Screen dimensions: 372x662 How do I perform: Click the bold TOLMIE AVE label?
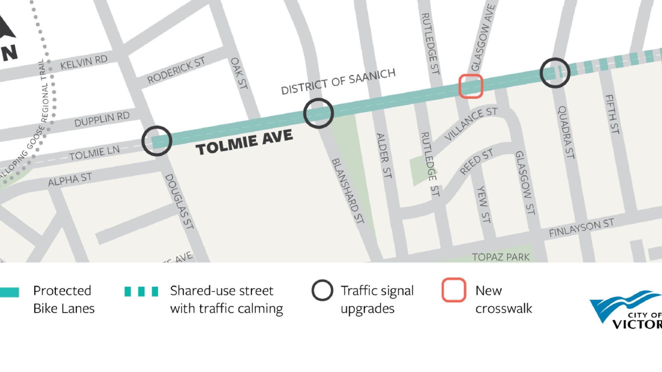244,142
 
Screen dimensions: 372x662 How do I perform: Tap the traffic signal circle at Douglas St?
157,141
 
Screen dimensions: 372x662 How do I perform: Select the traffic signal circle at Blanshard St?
318,113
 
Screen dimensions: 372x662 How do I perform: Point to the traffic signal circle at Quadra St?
555,73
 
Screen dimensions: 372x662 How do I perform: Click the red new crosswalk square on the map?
471,86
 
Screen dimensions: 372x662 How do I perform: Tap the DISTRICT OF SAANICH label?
338,81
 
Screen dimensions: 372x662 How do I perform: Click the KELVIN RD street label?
84,62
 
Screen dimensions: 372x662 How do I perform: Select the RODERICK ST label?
176,70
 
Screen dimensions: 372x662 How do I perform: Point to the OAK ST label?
239,73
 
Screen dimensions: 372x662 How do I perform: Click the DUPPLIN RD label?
102,119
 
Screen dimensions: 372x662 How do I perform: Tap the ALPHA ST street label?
70,179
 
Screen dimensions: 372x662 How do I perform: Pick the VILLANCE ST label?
471,123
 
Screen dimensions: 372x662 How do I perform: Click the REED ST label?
476,162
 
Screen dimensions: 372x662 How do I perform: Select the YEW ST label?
483,204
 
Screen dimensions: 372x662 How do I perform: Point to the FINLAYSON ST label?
581,228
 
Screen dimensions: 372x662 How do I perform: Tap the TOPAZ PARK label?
501,257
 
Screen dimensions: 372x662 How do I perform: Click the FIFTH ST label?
612,114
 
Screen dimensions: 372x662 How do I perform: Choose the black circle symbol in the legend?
322,290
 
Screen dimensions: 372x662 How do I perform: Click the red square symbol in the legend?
454,290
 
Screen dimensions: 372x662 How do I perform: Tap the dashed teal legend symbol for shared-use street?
141,291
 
